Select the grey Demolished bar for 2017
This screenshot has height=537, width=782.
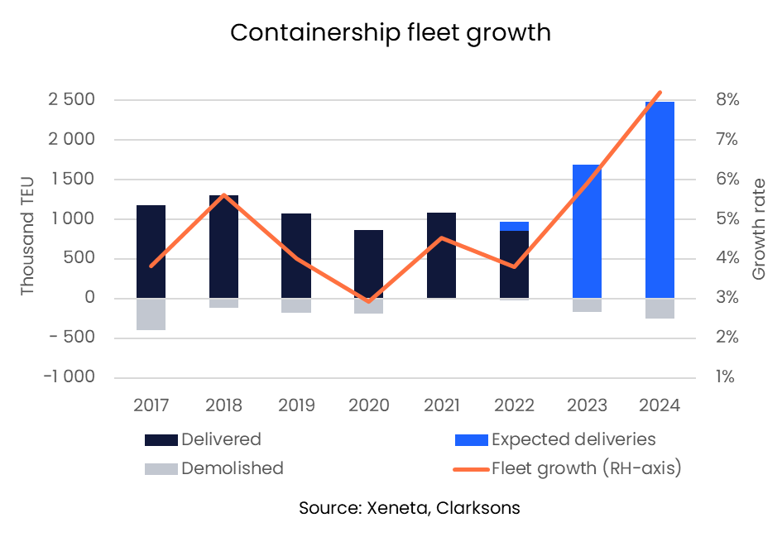click(x=151, y=314)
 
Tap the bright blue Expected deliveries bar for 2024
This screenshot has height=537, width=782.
click(x=660, y=199)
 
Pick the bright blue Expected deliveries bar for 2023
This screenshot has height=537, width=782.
click(x=587, y=231)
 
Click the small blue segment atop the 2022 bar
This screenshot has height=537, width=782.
click(x=514, y=226)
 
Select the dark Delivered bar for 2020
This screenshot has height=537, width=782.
click(x=369, y=264)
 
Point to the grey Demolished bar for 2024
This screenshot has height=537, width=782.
click(x=660, y=308)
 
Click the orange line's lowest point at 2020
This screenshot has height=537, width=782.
click(x=369, y=301)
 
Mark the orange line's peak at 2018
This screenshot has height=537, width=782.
click(x=223, y=194)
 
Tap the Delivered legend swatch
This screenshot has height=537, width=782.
click(x=161, y=439)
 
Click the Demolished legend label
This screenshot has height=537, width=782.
click(x=232, y=468)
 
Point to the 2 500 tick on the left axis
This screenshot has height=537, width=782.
click(x=71, y=100)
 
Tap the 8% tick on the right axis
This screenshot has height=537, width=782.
click(x=727, y=100)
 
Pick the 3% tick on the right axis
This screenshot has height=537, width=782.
click(x=727, y=298)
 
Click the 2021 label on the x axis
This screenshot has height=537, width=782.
click(x=442, y=405)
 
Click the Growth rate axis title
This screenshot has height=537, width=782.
click(x=759, y=229)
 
